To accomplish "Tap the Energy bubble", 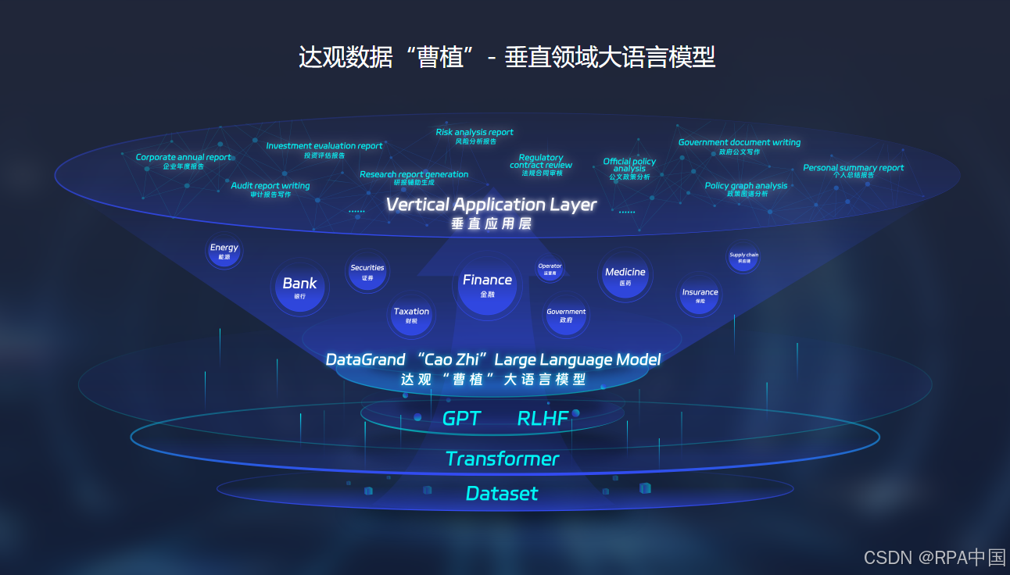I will [224, 252].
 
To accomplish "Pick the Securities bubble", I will [367, 272].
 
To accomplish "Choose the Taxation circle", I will [411, 316].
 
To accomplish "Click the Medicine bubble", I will [625, 276].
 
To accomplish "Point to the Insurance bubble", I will [700, 296].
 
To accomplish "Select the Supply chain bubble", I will [743, 258].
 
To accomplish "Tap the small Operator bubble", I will [550, 270].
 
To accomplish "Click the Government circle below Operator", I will [566, 316].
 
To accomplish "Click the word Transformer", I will [502, 459].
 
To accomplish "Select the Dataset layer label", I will [502, 493].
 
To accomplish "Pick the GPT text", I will [461, 418].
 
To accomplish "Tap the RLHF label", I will [543, 418].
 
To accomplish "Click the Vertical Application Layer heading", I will [491, 205].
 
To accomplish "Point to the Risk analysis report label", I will [475, 132].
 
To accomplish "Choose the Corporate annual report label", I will [184, 157].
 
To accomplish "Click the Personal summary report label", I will [853, 167].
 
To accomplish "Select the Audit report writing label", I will [270, 186].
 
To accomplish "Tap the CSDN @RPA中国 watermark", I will [934, 557].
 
